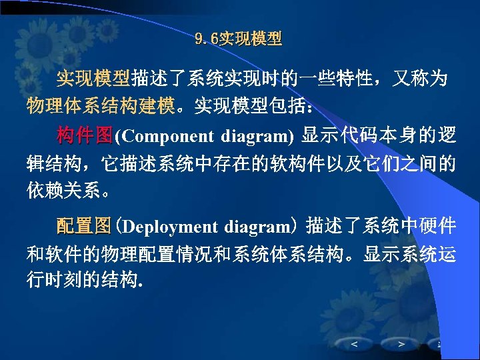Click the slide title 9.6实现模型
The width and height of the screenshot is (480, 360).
(x=239, y=39)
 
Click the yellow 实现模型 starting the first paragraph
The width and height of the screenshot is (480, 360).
(x=93, y=79)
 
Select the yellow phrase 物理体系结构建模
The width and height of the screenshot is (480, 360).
(x=101, y=105)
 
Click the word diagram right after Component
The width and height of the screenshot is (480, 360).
(x=257, y=137)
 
